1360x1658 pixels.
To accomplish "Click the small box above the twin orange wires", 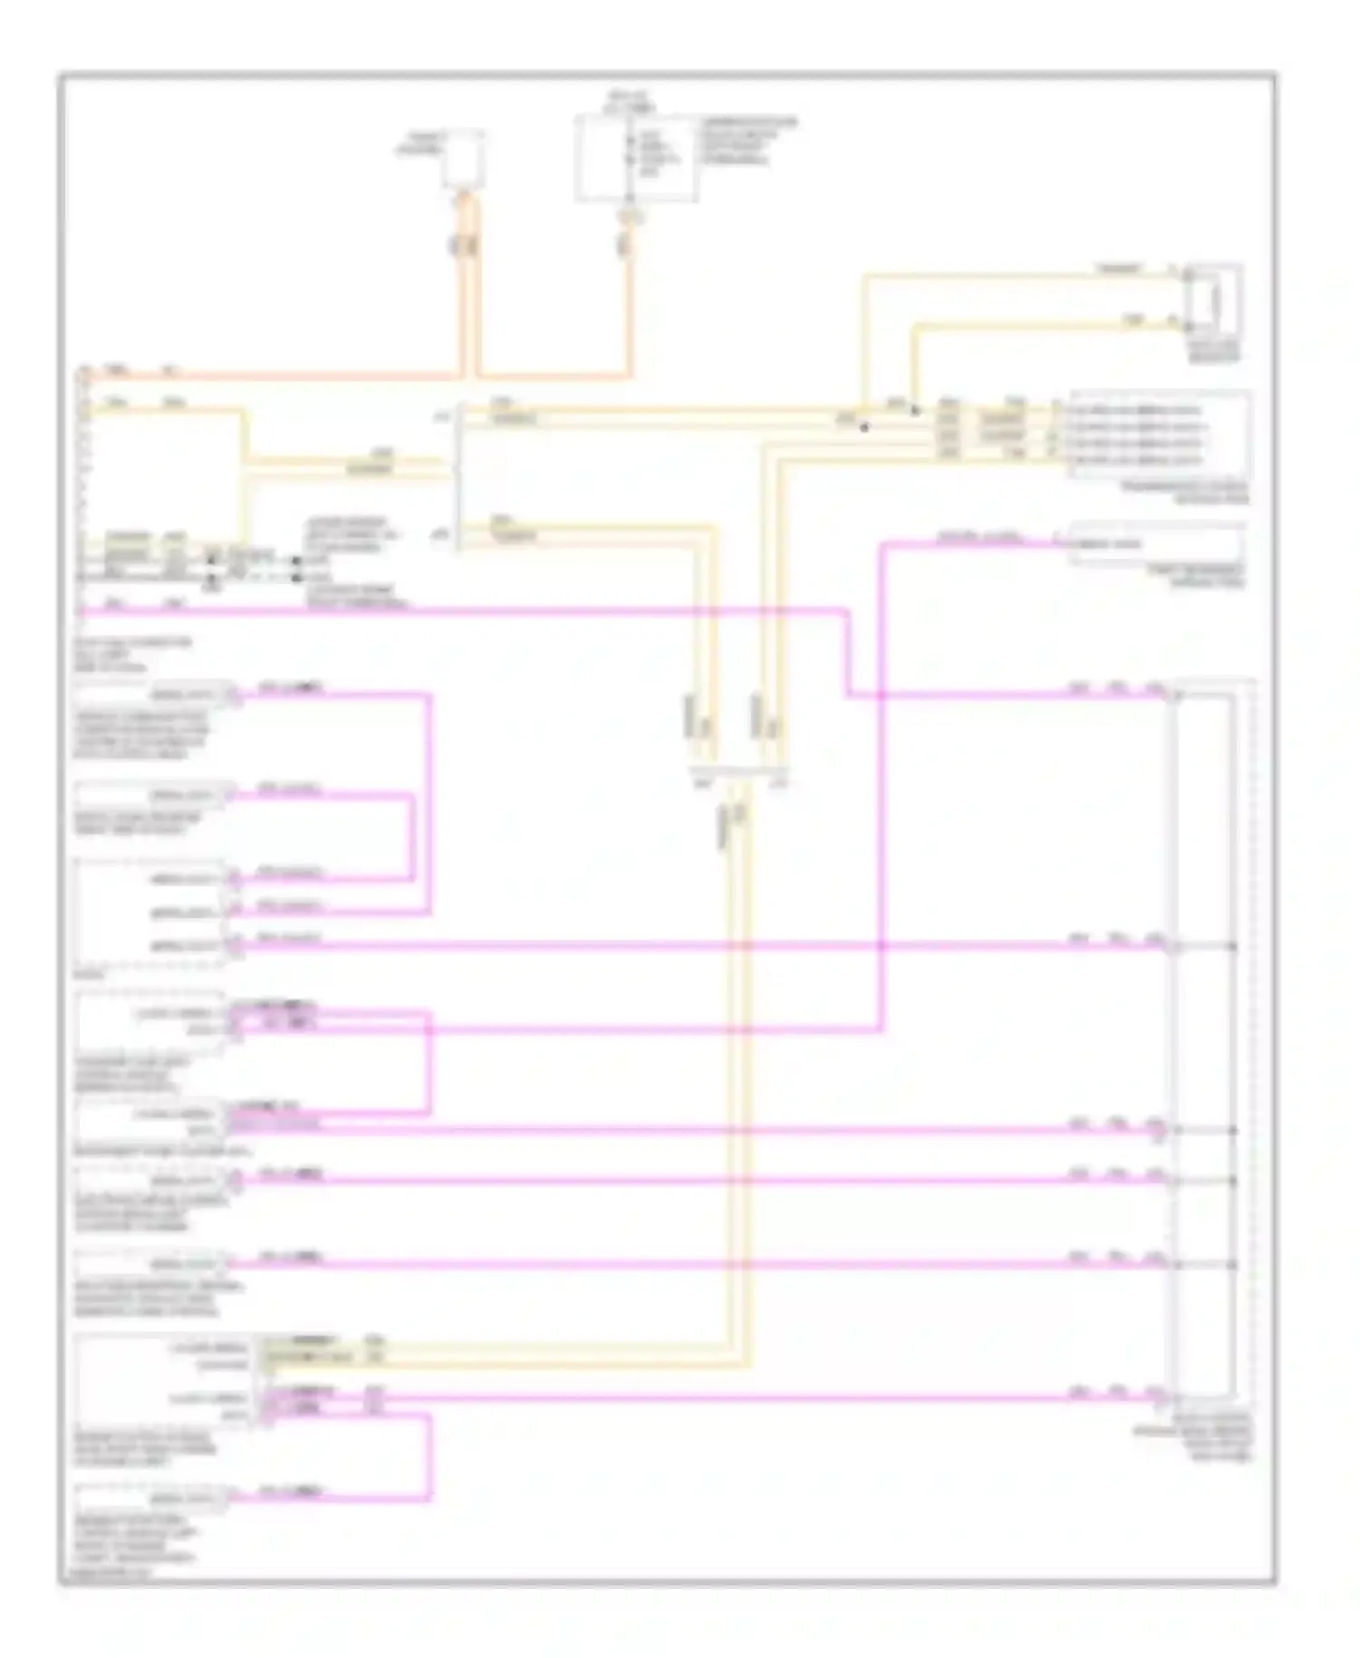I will [x=463, y=160].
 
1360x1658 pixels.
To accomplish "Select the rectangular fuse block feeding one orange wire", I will [x=635, y=159].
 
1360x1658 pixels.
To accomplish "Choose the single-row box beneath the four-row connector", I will [x=1158, y=543].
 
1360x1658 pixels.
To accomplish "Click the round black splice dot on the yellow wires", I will [x=864, y=427].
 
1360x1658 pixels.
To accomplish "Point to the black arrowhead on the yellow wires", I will [x=916, y=411].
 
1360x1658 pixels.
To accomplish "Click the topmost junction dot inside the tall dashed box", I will [x=1232, y=946].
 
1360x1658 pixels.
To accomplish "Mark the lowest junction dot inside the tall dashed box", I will [x=1232, y=1264].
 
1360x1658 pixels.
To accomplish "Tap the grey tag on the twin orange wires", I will [x=464, y=244].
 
